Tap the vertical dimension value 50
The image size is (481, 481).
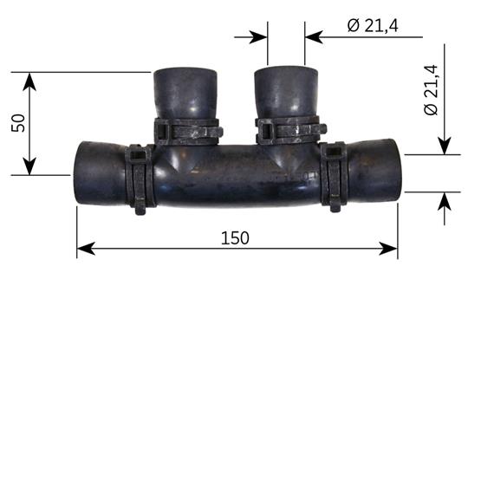[x=17, y=122]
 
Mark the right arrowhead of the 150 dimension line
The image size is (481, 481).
[x=391, y=250]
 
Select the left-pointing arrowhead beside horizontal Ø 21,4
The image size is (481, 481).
[x=313, y=37]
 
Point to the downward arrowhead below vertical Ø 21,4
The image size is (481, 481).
[x=444, y=147]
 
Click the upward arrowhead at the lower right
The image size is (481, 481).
[x=444, y=200]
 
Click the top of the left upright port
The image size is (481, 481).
[x=183, y=73]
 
